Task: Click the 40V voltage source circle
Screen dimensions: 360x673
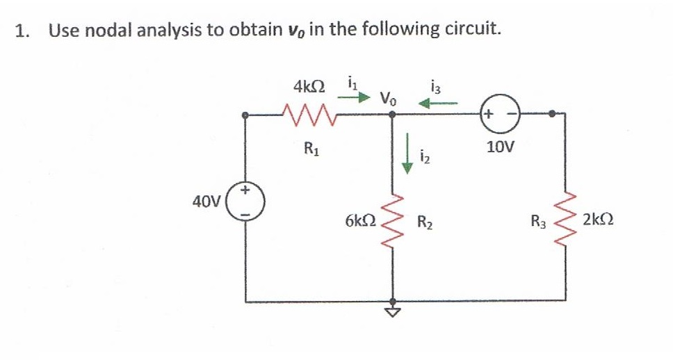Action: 247,202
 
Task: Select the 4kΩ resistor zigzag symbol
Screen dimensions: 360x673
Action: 310,113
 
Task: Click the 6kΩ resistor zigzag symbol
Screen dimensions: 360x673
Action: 393,221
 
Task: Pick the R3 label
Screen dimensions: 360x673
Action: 538,223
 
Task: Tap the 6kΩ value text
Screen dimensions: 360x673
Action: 360,222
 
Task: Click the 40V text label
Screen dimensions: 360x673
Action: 207,202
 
